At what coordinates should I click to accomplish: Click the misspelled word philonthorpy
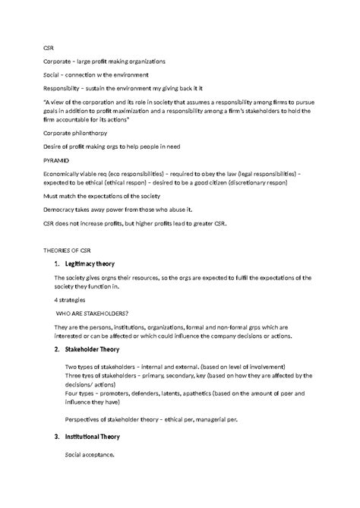point(99,133)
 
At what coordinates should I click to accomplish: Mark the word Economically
point(65,173)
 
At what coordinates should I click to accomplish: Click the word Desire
point(52,146)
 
